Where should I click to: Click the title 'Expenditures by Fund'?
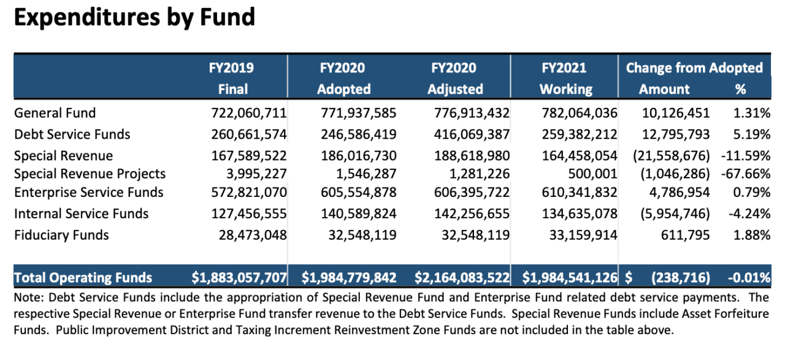coord(134,18)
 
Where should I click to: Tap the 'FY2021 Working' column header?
coord(565,78)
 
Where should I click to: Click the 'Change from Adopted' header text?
coord(694,68)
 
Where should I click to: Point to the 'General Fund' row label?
coord(55,113)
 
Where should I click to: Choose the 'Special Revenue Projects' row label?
coord(90,174)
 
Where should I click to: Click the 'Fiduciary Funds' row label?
coord(61,235)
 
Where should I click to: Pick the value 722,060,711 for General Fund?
coord(243,113)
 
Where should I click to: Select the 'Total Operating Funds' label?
coord(83,278)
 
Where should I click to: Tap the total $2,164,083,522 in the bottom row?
coord(462,278)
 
